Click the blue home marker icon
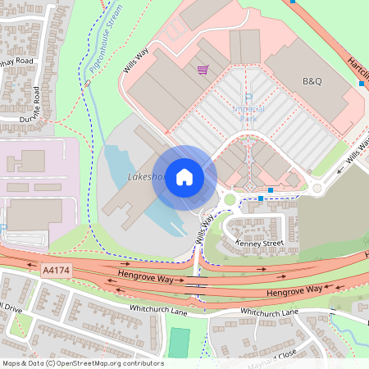(184, 177)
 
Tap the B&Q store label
(312, 81)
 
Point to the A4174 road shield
(52, 268)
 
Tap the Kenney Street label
(259, 244)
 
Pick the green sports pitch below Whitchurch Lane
(179, 342)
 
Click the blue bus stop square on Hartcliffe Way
(362, 83)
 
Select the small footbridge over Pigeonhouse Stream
(87, 83)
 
